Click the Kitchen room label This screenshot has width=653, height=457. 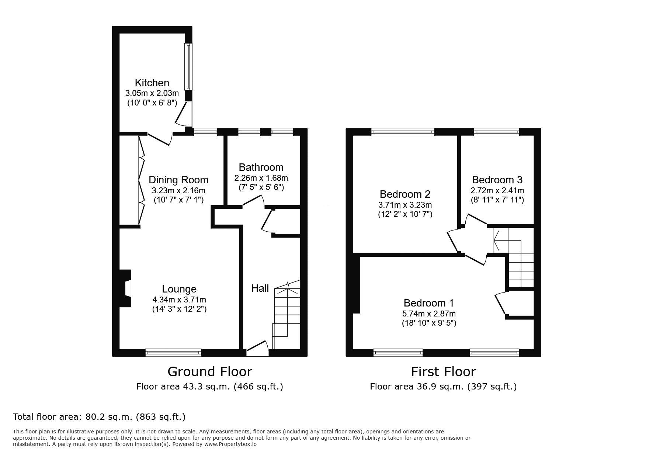click(x=152, y=83)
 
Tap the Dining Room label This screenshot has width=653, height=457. click(x=178, y=180)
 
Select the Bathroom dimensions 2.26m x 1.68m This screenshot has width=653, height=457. click(x=261, y=178)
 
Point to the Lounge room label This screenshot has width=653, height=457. click(x=179, y=289)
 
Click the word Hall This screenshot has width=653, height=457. click(x=260, y=288)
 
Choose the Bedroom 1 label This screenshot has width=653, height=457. click(x=429, y=303)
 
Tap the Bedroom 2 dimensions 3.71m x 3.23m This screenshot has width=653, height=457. click(x=405, y=205)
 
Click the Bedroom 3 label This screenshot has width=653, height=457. click(x=497, y=180)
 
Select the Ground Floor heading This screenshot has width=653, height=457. click(x=210, y=371)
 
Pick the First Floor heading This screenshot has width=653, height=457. click(x=444, y=371)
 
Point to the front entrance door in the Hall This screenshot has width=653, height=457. click(x=257, y=349)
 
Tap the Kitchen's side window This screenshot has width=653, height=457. click(x=188, y=67)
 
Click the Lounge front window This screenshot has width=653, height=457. click(x=173, y=353)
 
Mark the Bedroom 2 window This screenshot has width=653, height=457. click(x=403, y=132)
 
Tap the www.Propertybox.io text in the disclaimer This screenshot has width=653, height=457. click(x=230, y=444)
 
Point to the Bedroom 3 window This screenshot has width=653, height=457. click(x=497, y=132)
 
